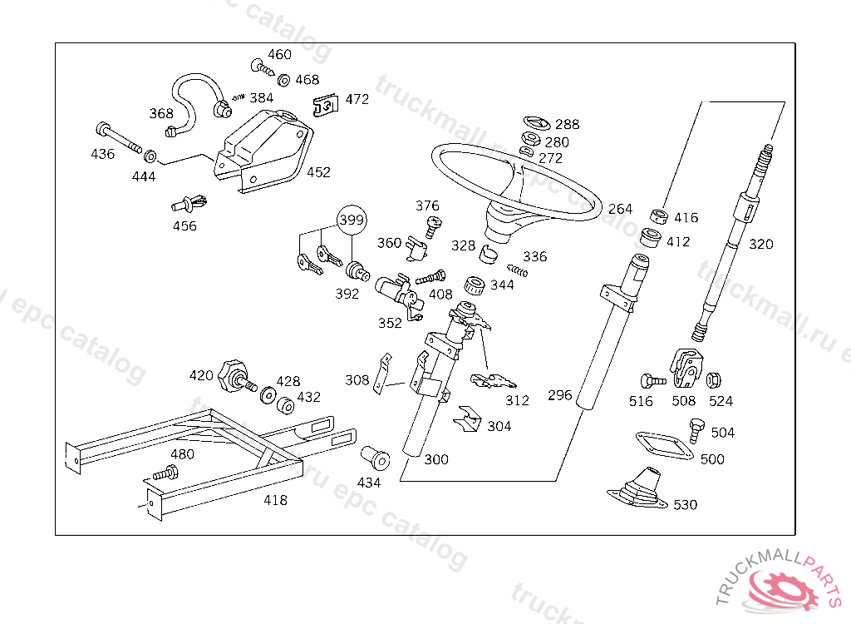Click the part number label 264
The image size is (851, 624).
coord(620,209)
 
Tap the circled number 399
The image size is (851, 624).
coord(351,220)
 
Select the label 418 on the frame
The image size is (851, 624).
coord(275,500)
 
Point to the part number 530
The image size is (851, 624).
coord(685,504)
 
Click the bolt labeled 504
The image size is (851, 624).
coord(696,430)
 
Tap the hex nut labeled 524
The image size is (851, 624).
coord(713,381)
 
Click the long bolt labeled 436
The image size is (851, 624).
coord(118,137)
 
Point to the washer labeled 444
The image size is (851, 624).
coord(151,156)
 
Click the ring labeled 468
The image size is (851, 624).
coord(283,81)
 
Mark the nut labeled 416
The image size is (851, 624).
coord(658,217)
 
